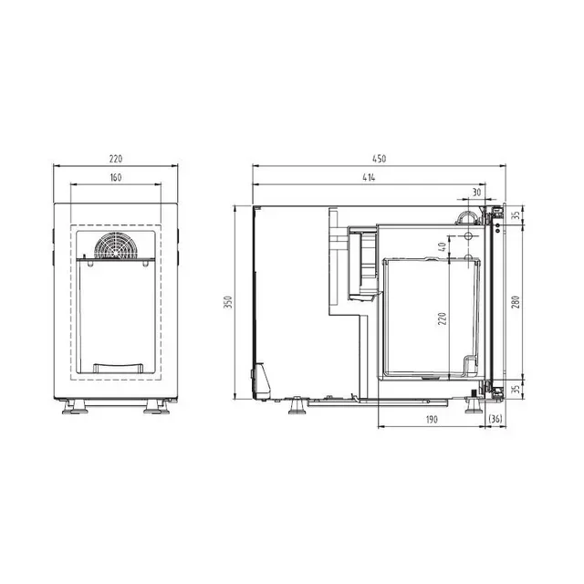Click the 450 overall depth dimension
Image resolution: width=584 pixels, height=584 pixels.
click(x=379, y=159)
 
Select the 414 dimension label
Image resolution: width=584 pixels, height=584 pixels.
click(x=369, y=178)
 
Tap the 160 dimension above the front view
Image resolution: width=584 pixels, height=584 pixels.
click(x=116, y=178)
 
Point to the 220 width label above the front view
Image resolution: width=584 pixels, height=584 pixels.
click(x=116, y=159)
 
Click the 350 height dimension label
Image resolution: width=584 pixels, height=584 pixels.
click(x=228, y=302)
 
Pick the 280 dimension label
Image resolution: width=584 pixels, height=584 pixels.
click(x=516, y=302)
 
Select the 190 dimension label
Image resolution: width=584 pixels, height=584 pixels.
click(x=432, y=420)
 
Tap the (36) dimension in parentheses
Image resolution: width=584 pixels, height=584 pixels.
click(x=495, y=420)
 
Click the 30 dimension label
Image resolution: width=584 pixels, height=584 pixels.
click(x=476, y=193)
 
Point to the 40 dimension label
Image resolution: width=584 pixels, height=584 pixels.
click(x=442, y=246)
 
